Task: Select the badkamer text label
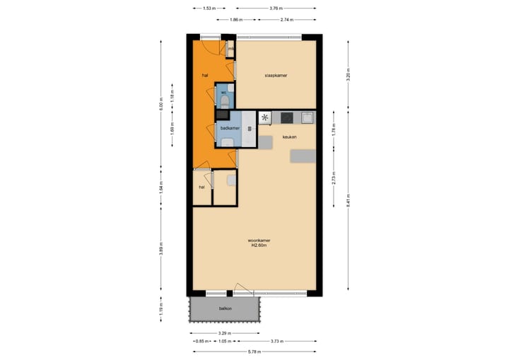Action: pos(230,128)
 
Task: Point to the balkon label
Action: pos(226,310)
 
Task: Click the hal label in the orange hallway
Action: pos(206,74)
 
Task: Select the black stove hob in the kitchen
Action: pos(287,117)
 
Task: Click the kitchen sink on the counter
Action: pos(307,117)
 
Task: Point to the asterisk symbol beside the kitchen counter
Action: pos(265,117)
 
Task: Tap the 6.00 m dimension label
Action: pos(161,104)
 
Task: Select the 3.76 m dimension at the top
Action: pos(277,8)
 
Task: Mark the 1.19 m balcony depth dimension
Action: pos(161,309)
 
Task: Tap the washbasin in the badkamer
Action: pos(228,142)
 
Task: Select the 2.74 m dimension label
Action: pos(286,20)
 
